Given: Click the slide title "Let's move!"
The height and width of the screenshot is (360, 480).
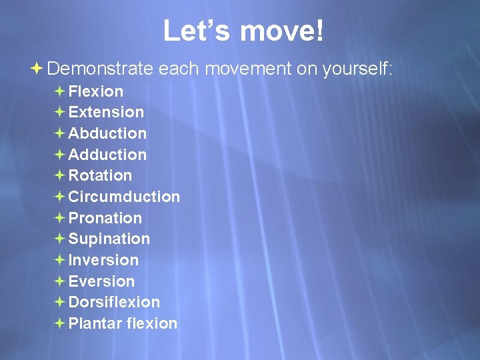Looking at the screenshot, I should (243, 31).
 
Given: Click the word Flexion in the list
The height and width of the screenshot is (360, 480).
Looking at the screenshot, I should (96, 91).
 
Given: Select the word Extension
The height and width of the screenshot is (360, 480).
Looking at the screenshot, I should (106, 112).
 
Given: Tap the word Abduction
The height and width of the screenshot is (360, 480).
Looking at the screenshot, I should (107, 133).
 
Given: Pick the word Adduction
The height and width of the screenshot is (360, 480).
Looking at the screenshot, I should (107, 155).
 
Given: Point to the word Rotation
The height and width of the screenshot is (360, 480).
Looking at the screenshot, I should (100, 175).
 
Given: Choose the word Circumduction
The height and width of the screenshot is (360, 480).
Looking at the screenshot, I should (124, 197).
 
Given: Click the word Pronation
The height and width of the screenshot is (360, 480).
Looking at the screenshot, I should (105, 218).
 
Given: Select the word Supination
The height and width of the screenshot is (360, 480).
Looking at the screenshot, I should (109, 239).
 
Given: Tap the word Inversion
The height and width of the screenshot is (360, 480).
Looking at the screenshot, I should (103, 260).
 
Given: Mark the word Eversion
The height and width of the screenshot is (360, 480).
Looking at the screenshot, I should (101, 281).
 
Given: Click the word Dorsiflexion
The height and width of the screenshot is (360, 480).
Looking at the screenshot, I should (114, 302).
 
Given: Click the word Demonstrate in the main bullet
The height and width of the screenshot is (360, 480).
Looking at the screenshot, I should (100, 69).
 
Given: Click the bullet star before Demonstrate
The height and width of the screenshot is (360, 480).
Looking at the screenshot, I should (38, 68).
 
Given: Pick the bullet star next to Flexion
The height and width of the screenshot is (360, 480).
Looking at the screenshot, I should (59, 91).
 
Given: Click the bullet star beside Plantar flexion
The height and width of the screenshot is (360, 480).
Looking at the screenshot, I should (59, 323).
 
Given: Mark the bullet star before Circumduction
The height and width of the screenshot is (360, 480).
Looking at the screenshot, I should (59, 197).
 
